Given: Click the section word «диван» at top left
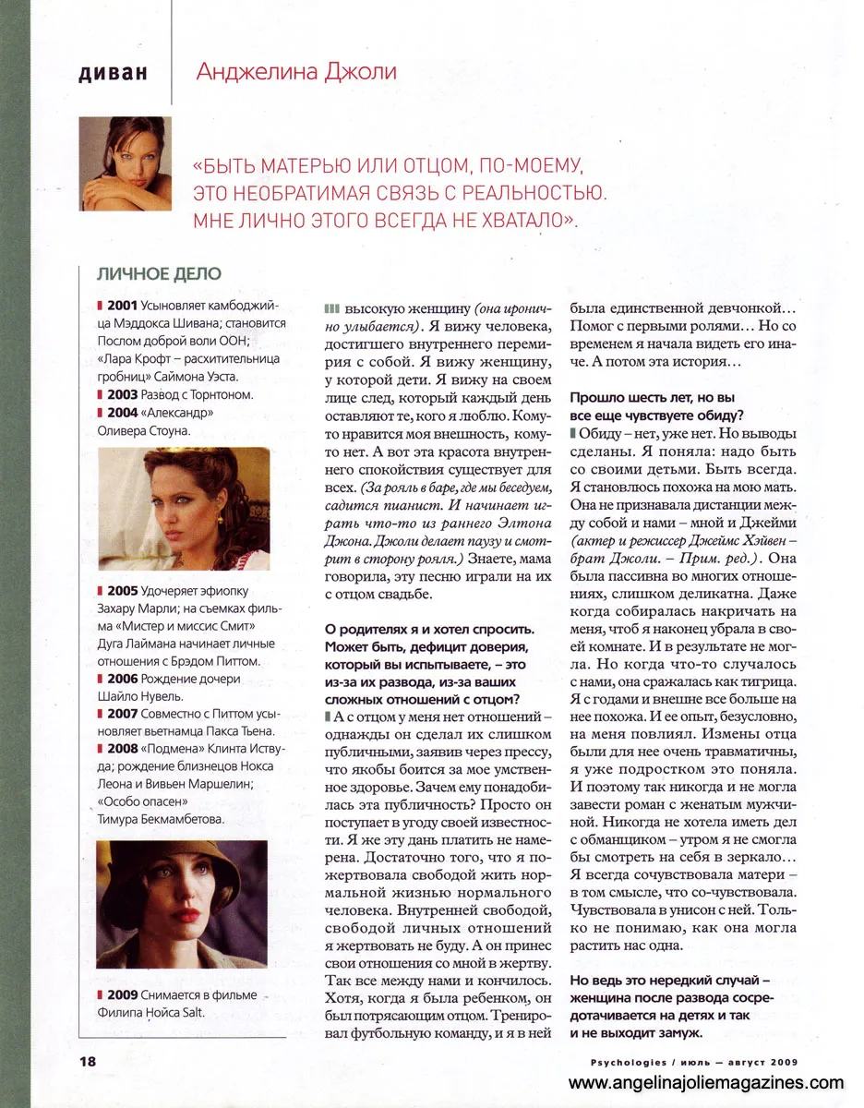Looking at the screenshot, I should [x=114, y=74].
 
